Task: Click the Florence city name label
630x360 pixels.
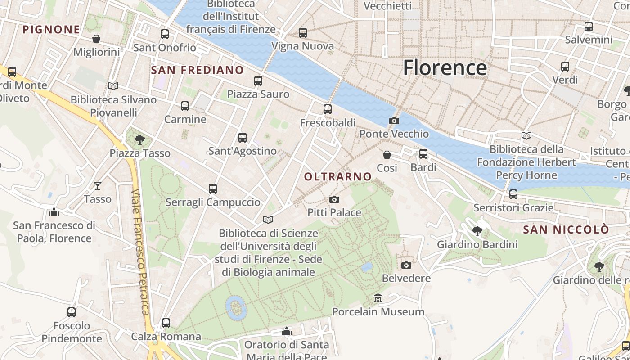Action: (445, 68)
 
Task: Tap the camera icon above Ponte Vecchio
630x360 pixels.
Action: (394, 121)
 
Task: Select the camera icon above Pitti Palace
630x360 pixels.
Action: (334, 199)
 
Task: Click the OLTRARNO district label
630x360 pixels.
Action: (338, 177)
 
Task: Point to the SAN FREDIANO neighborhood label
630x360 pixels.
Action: (197, 70)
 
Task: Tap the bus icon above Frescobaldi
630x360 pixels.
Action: (328, 109)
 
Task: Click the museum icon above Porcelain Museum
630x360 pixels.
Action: (378, 298)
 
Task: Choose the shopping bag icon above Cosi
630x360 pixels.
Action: (387, 155)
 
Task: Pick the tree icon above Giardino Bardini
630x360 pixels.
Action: (477, 231)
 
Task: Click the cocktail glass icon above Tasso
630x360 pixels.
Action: (98, 185)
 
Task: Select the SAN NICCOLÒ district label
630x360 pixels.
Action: (566, 229)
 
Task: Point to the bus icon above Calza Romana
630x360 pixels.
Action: (166, 323)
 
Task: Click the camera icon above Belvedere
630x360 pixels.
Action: (406, 265)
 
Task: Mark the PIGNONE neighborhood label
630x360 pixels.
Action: (51, 30)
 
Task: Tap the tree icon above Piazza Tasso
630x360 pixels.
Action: (140, 139)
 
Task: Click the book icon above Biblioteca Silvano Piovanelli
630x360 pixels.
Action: (113, 86)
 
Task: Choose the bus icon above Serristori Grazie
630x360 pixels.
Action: (513, 194)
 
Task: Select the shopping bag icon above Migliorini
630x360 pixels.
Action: (96, 39)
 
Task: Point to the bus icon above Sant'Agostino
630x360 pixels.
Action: (243, 137)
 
